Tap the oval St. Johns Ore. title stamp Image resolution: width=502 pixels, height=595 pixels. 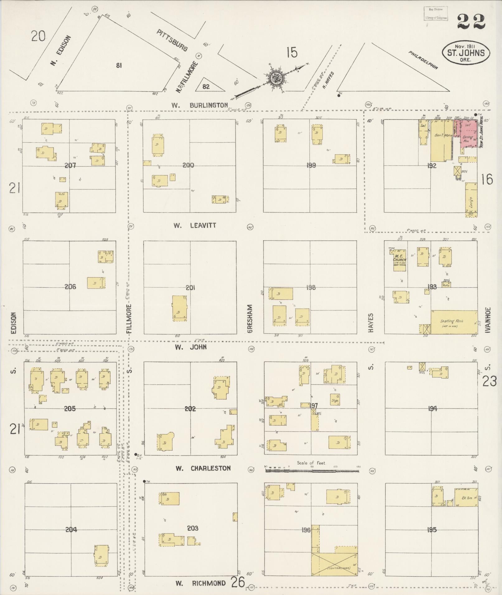click(x=466, y=53)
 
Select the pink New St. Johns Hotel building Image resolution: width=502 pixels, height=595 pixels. click(x=469, y=134)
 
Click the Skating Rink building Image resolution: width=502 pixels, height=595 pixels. click(x=454, y=322)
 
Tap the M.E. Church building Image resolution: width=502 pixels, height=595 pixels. click(x=400, y=260)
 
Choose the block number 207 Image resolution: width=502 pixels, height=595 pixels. click(x=70, y=165)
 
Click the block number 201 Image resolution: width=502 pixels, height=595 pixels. click(x=190, y=288)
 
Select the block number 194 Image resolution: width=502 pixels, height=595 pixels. click(x=432, y=408)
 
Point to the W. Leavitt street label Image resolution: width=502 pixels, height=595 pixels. click(x=195, y=225)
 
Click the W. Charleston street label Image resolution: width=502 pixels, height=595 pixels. click(x=203, y=468)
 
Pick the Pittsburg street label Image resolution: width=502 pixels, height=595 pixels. click(x=172, y=40)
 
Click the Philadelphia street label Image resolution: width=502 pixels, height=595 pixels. click(x=424, y=60)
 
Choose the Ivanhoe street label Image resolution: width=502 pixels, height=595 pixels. click(x=488, y=320)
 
